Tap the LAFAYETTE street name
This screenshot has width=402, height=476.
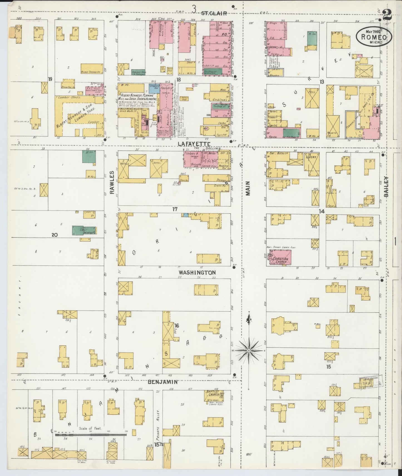click(x=194, y=143)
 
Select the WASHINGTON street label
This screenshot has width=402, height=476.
click(x=197, y=272)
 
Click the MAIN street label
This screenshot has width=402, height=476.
click(x=248, y=188)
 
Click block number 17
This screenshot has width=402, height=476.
click(x=175, y=209)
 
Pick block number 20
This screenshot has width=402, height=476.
click(x=54, y=235)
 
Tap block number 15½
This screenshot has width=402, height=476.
click(x=159, y=445)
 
